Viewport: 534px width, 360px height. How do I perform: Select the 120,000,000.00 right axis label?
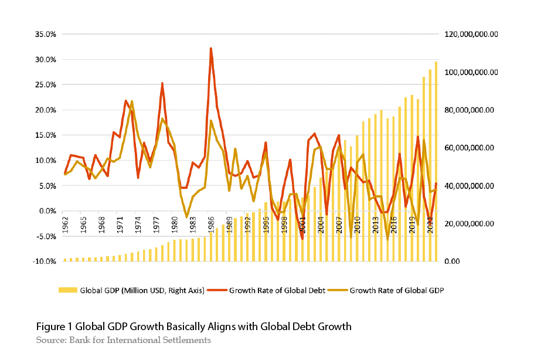(471, 34)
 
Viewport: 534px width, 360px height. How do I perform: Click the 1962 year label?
(65, 224)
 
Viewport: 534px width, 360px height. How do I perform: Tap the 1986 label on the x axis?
(210, 224)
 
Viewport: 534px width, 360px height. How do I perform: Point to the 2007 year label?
(338, 224)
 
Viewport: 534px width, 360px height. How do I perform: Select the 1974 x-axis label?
(138, 224)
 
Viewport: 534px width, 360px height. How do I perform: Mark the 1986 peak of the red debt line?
(210, 49)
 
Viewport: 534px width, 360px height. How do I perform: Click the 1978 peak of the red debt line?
(162, 83)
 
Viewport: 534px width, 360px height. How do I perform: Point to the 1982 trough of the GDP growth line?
(187, 217)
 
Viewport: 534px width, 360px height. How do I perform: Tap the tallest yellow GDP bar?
(436, 161)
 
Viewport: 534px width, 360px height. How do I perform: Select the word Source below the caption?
(49, 340)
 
